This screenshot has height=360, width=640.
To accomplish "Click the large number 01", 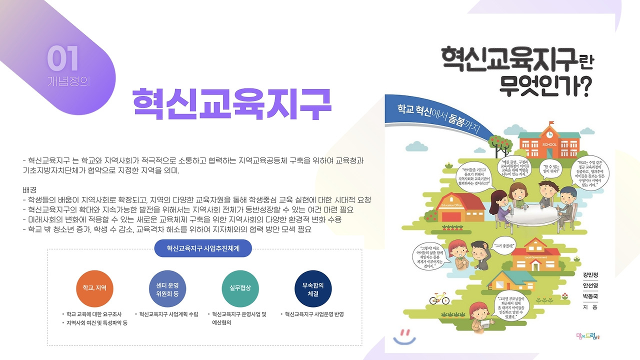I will [x=63, y=59].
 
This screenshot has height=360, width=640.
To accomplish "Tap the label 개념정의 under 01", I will [x=68, y=80].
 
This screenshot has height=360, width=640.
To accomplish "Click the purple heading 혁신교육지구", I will [x=231, y=104].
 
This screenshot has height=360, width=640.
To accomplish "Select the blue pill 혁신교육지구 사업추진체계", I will [x=202, y=247].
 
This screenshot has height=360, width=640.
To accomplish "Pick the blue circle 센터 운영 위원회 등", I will [x=167, y=288].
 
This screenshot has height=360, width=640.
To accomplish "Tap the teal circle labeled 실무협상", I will [x=240, y=288].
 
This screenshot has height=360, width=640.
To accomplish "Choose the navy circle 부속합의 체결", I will [x=313, y=288].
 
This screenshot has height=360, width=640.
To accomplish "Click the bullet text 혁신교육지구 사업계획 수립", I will [x=168, y=314].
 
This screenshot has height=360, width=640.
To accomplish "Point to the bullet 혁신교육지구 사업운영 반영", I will [x=314, y=314].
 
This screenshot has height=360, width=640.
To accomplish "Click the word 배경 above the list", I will [x=30, y=190].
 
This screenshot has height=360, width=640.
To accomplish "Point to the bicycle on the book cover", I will [x=439, y=298].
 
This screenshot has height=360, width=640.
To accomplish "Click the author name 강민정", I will [x=590, y=275].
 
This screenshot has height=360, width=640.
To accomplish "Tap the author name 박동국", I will [x=590, y=296].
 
